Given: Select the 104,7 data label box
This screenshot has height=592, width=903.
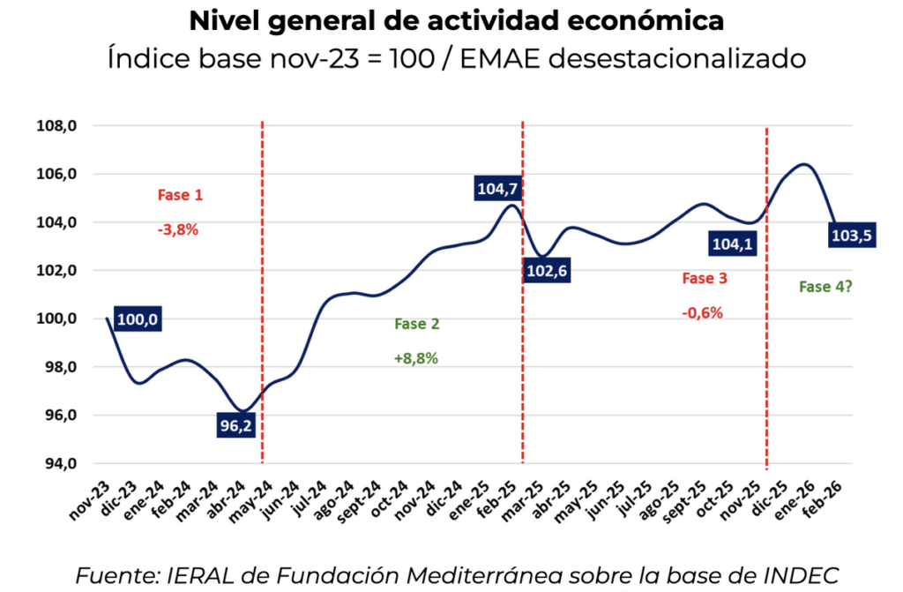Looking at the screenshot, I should point(499,189).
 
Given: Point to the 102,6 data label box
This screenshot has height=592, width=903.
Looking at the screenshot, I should point(547,270).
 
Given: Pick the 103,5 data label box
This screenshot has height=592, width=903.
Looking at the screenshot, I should point(852,236).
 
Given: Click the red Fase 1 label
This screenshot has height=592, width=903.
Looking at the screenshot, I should point(179,195).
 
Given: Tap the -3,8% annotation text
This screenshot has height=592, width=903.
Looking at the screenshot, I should point(178,229).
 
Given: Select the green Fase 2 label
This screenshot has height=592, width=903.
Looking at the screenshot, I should point(417,324).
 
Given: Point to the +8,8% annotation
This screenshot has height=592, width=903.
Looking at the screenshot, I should point(416,359).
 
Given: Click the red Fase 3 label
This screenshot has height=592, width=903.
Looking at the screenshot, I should point(705,279).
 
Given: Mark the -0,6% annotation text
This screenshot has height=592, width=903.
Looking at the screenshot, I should point(703,312).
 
